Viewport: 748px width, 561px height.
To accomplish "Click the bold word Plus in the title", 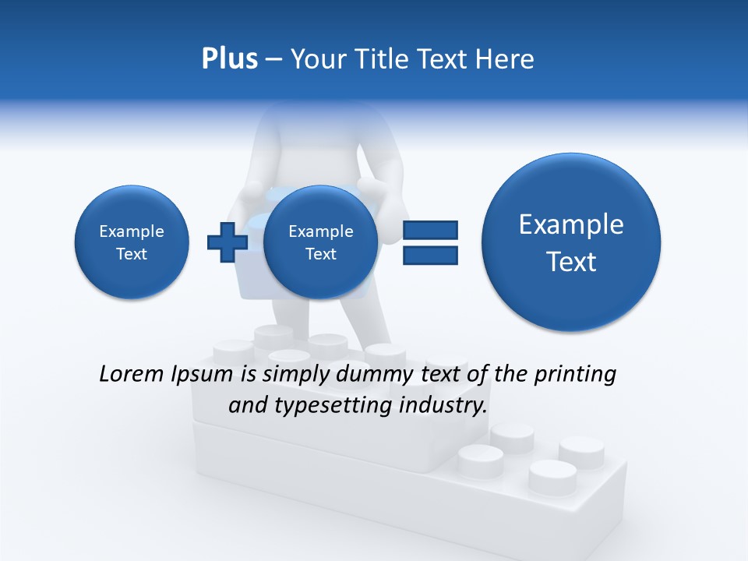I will point(229,59).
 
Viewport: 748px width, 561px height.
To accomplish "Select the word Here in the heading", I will point(506,59).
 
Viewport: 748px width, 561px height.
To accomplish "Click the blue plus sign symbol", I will point(227,242).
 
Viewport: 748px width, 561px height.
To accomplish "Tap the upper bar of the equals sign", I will point(430,230).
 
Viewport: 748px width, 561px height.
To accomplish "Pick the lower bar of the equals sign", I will point(430,255).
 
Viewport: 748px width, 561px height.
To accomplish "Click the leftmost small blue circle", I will point(132,242).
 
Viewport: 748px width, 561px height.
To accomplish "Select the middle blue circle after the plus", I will point(320,242).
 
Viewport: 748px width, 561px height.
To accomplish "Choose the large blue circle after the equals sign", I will point(571,242).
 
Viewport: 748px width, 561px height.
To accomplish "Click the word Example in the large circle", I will point(571,224).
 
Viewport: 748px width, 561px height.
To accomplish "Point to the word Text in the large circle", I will point(571,262).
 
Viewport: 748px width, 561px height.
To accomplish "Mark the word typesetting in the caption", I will point(326,406).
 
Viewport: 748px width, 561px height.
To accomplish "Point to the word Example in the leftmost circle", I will point(132,231).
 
